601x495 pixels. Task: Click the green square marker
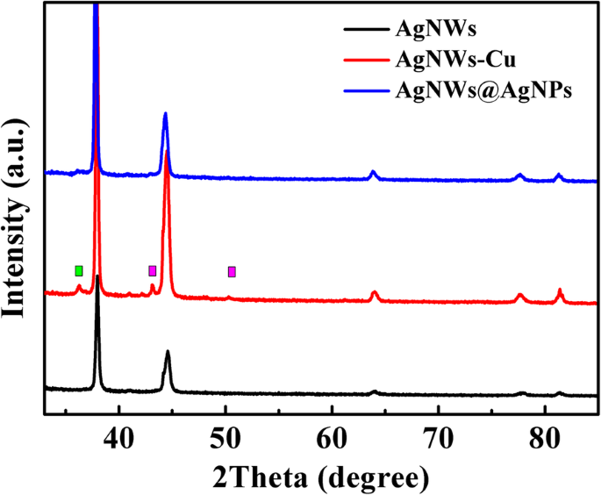tap(79, 270)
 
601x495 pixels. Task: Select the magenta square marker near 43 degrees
tap(153, 270)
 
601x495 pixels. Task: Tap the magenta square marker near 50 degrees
tap(232, 271)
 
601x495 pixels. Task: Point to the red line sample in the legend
tap(361, 61)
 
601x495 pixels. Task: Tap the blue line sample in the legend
tap(361, 90)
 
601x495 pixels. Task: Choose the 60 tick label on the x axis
tap(332, 434)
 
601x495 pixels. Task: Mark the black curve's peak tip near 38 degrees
tap(97, 276)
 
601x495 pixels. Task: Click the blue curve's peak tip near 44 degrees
tap(165, 114)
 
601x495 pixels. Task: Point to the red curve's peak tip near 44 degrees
tap(166, 152)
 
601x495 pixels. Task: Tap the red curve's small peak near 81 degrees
tap(560, 290)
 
